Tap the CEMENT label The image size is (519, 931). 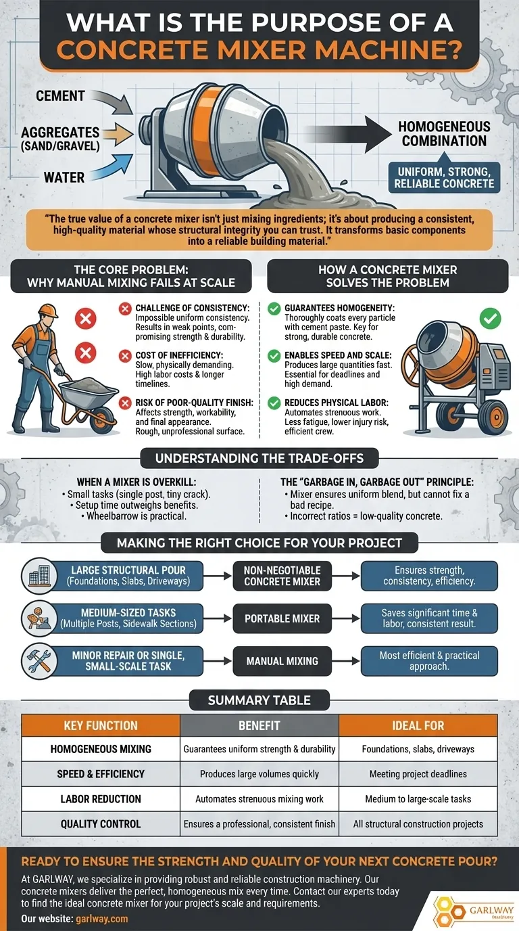[60, 96]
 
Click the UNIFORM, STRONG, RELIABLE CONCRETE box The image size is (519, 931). [444, 177]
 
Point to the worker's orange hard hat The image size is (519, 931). [48, 311]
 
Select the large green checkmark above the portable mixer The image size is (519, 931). [491, 319]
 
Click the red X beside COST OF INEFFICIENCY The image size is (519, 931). [125, 356]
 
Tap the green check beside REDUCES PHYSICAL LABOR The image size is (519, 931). [274, 403]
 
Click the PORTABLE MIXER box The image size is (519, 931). [282, 618]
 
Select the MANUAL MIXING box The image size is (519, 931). [282, 661]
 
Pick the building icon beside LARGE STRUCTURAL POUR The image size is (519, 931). [39, 576]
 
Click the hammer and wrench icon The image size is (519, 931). [39, 661]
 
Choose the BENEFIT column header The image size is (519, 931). [259, 726]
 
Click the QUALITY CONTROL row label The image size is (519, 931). [101, 824]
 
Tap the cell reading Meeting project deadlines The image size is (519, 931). [418, 774]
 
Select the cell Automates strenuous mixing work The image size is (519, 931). [259, 799]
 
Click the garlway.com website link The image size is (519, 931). [102, 919]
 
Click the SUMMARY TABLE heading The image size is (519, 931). [259, 700]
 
